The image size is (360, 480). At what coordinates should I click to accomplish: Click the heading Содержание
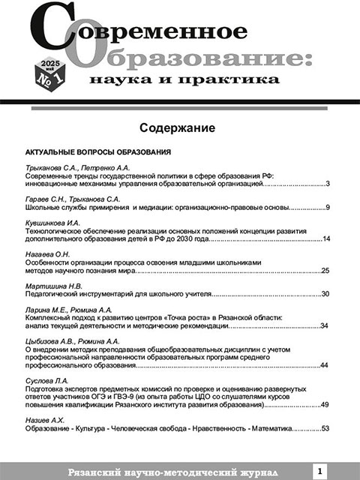178,127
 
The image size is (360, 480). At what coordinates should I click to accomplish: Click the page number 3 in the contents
328,183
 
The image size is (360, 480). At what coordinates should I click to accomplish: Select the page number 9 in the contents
328,207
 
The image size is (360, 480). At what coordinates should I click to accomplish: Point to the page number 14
326,239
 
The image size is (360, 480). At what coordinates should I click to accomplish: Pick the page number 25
325,271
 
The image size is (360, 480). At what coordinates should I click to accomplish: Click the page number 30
325,294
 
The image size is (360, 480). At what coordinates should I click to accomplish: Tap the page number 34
325,326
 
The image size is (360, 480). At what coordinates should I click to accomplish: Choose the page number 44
325,365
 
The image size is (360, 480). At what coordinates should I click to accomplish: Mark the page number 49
325,405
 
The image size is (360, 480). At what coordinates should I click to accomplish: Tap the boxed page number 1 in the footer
320,470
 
